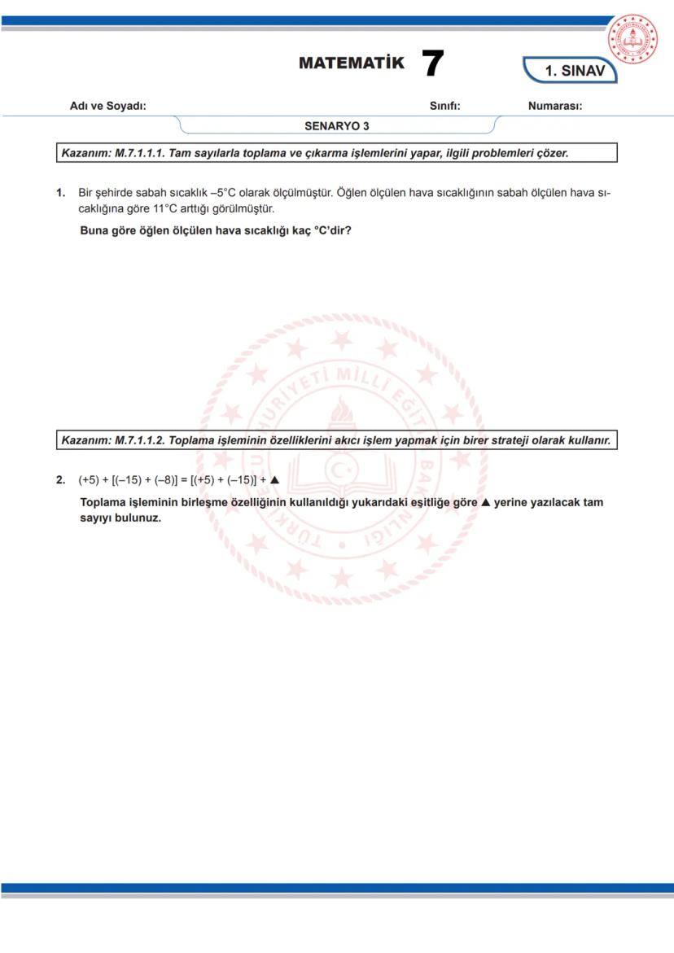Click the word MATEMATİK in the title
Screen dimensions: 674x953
click(351, 63)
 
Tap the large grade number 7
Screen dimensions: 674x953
click(433, 63)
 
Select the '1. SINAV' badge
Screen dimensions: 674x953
click(574, 71)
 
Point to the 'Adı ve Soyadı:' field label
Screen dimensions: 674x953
click(108, 106)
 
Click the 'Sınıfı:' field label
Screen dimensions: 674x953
click(445, 106)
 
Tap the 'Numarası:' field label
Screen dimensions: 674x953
click(554, 106)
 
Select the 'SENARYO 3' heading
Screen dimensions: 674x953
click(337, 126)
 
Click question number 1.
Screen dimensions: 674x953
click(60, 193)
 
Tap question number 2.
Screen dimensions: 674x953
click(60, 480)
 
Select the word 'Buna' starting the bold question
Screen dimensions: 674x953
click(94, 230)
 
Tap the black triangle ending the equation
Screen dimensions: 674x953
click(274, 480)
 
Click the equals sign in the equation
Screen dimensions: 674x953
click(184, 480)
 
